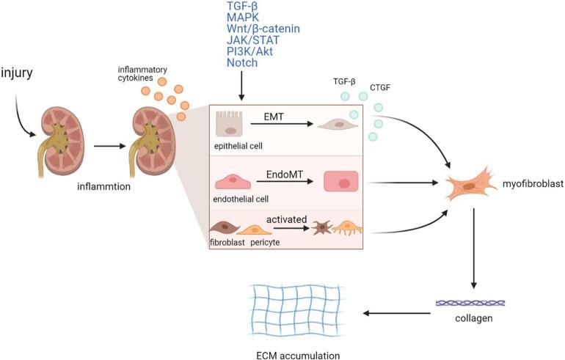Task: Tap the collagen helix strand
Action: (470, 302)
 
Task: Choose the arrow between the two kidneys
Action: (107, 146)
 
